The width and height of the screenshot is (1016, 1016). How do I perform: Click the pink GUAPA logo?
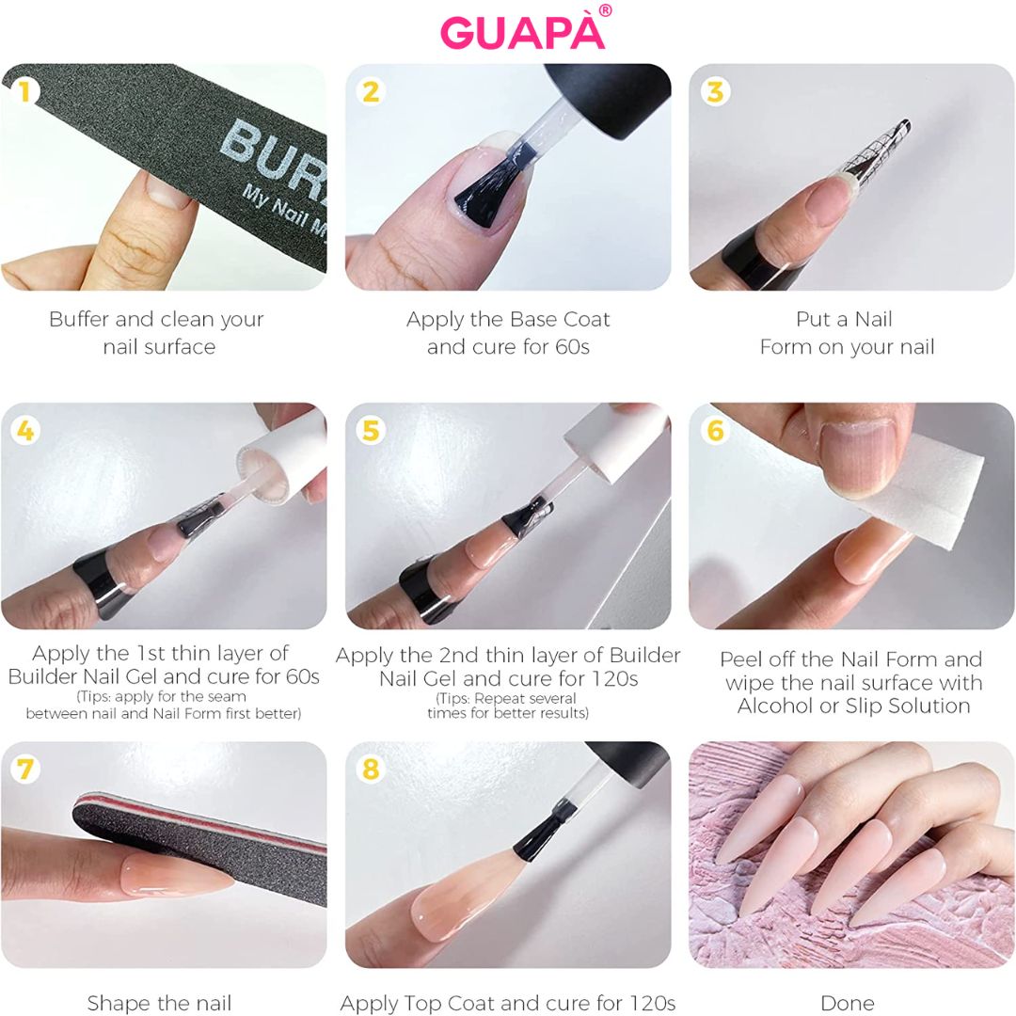click(x=522, y=32)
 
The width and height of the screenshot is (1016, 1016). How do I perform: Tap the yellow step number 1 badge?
click(x=24, y=90)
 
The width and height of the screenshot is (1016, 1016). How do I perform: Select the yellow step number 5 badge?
click(x=371, y=430)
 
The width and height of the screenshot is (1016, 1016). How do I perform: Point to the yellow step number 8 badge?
click(x=371, y=770)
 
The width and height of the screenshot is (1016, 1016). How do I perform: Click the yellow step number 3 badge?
click(x=715, y=90)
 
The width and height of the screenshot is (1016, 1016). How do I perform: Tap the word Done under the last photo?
click(x=847, y=1003)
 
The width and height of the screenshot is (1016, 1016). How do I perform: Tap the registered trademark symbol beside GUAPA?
click(x=605, y=10)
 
